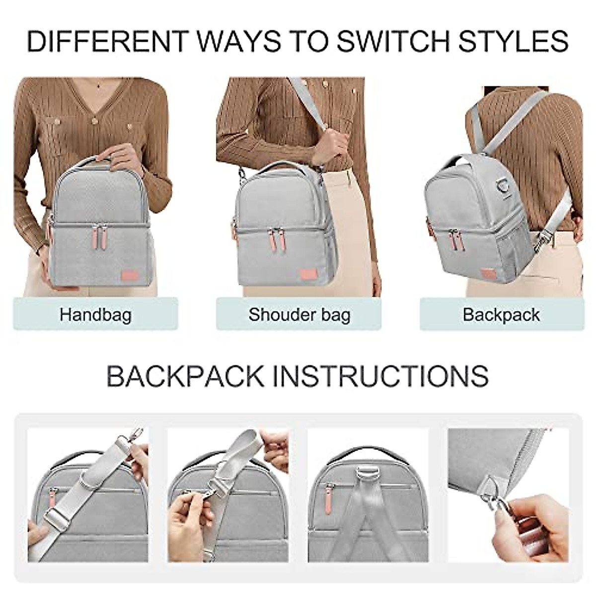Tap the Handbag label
tap(95, 314)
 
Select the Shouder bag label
tap(299, 314)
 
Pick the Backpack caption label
tap(501, 314)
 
